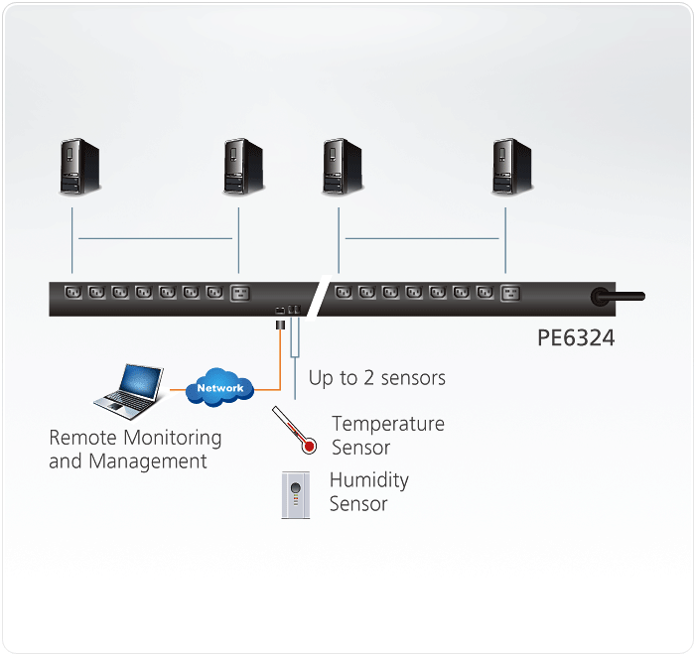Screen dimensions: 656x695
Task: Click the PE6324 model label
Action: click(576, 338)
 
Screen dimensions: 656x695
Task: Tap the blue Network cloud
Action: click(219, 387)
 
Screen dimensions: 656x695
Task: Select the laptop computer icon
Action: click(129, 389)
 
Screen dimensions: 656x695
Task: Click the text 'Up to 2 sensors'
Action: click(376, 378)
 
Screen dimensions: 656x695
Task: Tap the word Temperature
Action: click(388, 424)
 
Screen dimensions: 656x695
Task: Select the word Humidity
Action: click(368, 480)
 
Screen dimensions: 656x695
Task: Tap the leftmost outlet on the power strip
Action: click(71, 293)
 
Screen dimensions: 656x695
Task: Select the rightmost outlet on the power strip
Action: click(510, 293)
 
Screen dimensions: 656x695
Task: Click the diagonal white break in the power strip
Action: click(317, 297)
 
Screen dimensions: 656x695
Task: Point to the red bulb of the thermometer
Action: click(310, 447)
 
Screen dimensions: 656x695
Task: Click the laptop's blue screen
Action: click(140, 380)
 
